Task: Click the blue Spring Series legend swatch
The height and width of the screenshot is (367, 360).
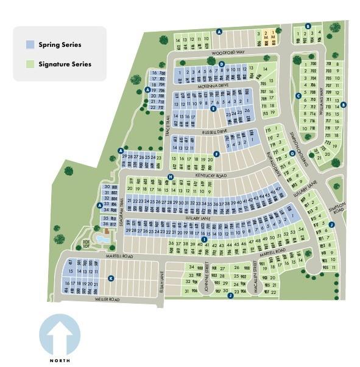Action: point(30,44)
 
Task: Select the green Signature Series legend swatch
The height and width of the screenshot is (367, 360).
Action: point(30,64)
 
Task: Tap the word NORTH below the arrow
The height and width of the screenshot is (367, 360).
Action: point(59,361)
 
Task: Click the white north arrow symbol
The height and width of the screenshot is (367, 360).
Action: point(59,335)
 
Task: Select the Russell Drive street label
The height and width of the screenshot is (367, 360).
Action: point(214,130)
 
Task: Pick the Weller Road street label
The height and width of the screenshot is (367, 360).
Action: point(107,300)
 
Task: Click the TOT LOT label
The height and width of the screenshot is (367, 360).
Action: point(86,243)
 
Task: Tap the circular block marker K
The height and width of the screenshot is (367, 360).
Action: point(111,279)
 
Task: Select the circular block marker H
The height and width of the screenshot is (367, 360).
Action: point(171,177)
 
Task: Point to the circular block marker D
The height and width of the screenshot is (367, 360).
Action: point(222,64)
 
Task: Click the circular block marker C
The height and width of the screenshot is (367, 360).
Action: point(298,96)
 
